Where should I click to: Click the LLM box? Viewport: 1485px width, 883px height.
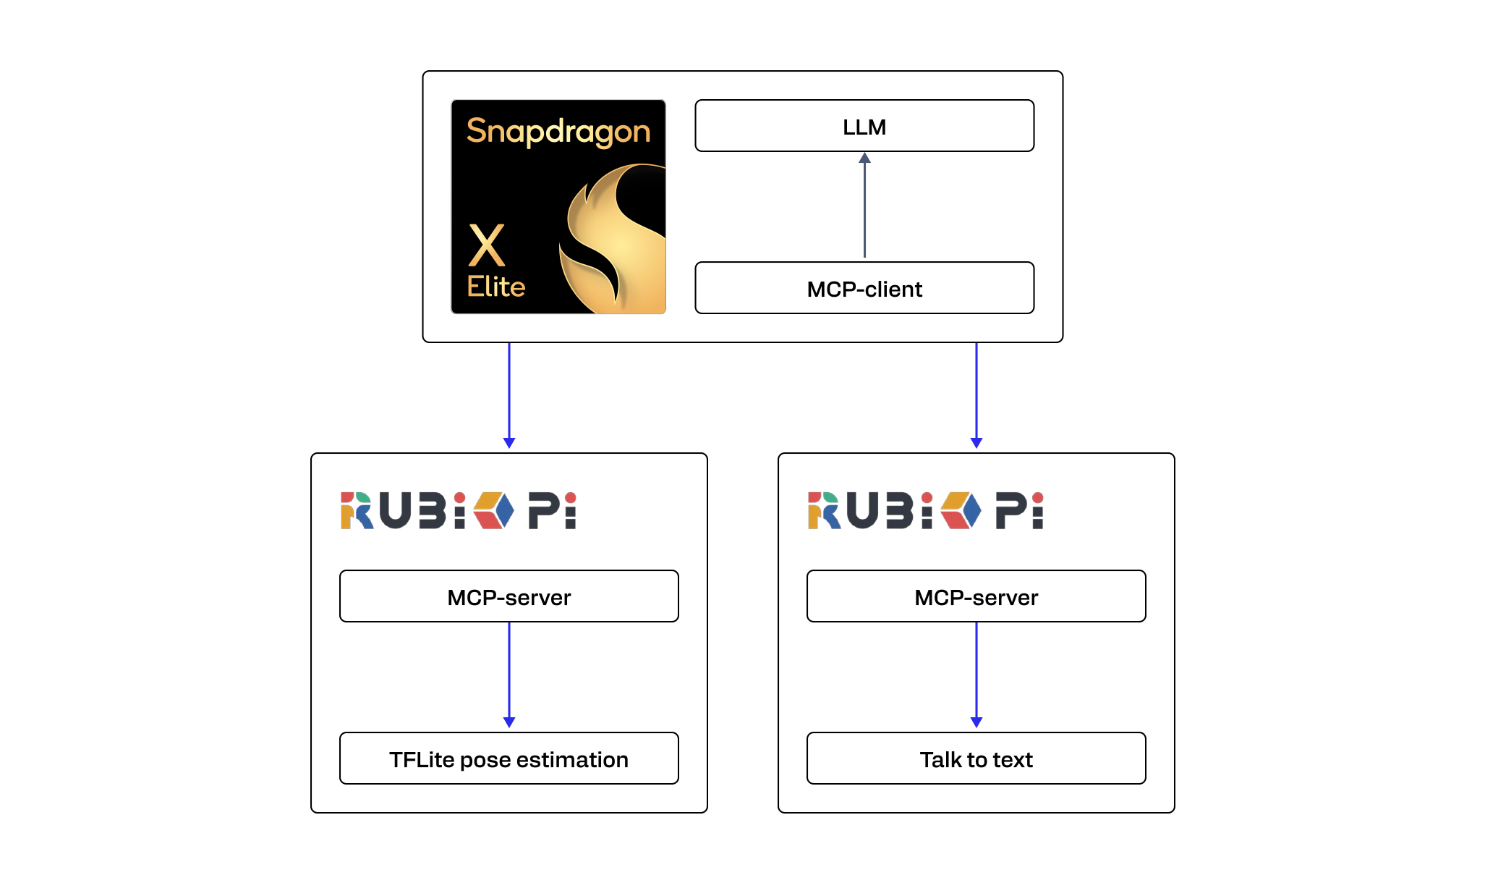point(864,126)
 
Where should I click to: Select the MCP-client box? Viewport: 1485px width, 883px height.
point(864,288)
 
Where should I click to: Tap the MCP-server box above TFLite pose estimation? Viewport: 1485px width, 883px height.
point(509,596)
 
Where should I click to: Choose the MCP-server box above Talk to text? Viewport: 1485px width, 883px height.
point(976,596)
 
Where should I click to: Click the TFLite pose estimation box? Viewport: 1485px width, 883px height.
point(509,759)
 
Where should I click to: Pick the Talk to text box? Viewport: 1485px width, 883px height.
point(976,759)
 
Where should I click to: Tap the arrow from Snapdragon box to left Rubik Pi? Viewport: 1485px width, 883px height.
point(509,394)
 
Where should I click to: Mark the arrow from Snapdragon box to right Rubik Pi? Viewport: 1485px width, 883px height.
point(976,394)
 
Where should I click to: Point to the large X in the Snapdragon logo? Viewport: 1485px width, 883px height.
point(487,245)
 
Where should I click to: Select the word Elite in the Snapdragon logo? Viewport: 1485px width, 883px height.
point(495,287)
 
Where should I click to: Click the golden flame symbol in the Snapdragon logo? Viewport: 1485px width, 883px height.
point(615,239)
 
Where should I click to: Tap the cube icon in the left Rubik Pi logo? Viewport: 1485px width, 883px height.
point(494,510)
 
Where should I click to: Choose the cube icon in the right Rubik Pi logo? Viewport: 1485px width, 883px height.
point(961,510)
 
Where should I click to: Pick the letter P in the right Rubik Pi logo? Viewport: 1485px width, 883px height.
point(1010,510)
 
